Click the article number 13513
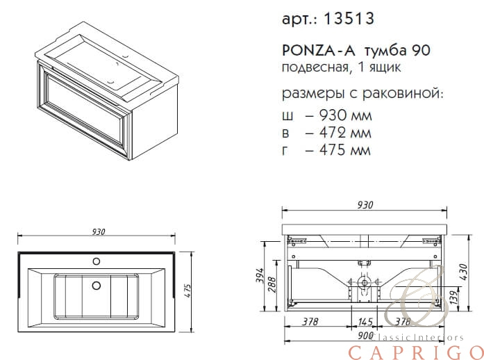tap(349, 19)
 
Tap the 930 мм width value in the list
tap(346, 115)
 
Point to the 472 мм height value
tap(345, 133)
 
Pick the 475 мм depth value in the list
tap(345, 150)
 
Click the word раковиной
tap(403, 93)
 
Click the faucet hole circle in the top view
tap(97, 261)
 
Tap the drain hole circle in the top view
tap(97, 285)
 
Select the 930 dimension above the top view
tap(99, 231)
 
